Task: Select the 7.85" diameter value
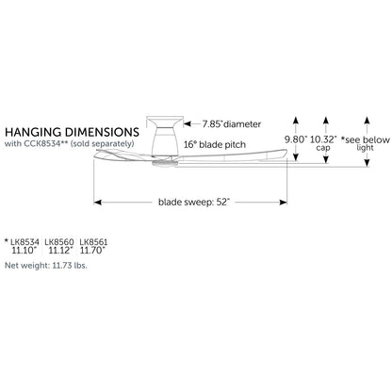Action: pyautogui.click(x=212, y=124)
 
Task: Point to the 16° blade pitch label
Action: pyautogui.click(x=215, y=145)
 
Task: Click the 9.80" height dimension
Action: pyautogui.click(x=295, y=139)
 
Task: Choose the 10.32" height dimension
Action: pyautogui.click(x=323, y=139)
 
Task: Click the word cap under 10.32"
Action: pyautogui.click(x=323, y=148)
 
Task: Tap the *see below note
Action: pyautogui.click(x=366, y=139)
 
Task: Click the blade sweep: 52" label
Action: pyautogui.click(x=194, y=202)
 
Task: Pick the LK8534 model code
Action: pyautogui.click(x=24, y=242)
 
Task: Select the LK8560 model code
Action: pyautogui.click(x=59, y=242)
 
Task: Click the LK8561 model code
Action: pyautogui.click(x=93, y=242)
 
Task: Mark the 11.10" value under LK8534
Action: pyautogui.click(x=24, y=251)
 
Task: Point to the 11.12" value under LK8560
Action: pyautogui.click(x=60, y=251)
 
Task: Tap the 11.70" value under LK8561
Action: pyautogui.click(x=92, y=251)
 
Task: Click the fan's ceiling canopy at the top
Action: pyautogui.click(x=165, y=122)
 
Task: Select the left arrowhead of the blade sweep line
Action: pyautogui.click(x=97, y=203)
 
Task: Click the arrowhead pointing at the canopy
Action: pyautogui.click(x=188, y=124)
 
